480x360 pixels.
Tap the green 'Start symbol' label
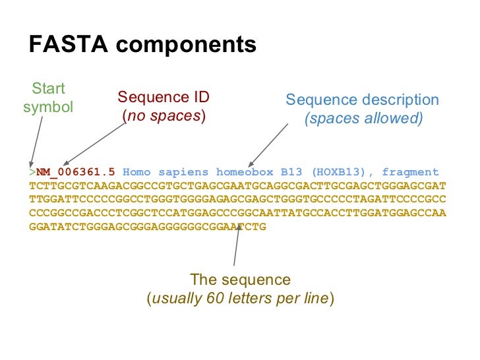[x=48, y=98]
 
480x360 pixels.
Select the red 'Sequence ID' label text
[x=164, y=98]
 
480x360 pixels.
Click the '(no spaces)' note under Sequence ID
[x=164, y=117]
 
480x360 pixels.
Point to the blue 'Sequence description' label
[x=362, y=100]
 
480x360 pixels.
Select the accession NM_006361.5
[x=76, y=172]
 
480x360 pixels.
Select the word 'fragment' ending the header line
[x=411, y=172]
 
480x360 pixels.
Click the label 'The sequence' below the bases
[x=240, y=280]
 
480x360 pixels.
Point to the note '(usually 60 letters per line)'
[x=240, y=298]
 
